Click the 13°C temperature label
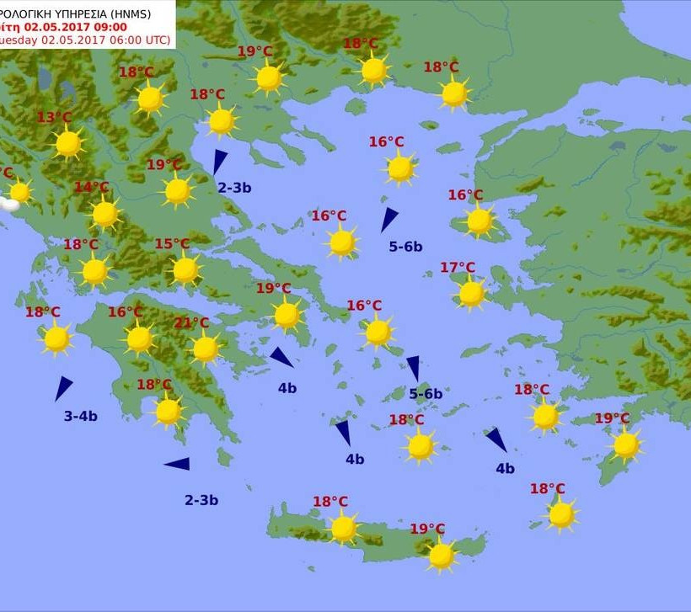pos(55,118)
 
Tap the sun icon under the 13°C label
pos(68,144)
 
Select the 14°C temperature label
pos(92,188)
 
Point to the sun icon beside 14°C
pos(105,214)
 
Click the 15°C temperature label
pos(172,245)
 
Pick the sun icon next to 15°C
pos(185,270)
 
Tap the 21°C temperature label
pos(191,323)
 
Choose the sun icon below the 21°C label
pos(205,349)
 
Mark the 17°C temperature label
pos(458,269)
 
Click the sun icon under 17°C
pos(471,294)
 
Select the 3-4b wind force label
pos(81,416)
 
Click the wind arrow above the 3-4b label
pos(62,388)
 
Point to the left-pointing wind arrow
pos(178,464)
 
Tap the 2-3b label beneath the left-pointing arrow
pos(201,500)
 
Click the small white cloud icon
pos(9,204)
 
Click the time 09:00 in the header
pos(109,26)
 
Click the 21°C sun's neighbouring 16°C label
pos(126,312)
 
